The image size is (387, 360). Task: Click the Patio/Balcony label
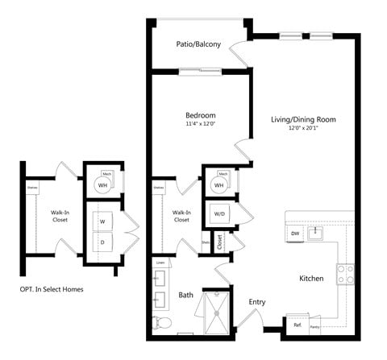[198, 44]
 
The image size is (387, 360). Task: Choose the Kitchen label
[311, 279]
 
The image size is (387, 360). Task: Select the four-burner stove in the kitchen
[346, 274]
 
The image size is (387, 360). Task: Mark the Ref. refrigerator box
[298, 325]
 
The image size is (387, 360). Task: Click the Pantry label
[314, 326]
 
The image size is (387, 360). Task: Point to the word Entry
[257, 302]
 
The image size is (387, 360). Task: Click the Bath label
[185, 296]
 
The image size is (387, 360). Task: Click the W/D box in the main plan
[218, 213]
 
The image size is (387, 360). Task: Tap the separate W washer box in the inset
[102, 220]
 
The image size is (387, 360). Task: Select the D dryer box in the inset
[102, 241]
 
